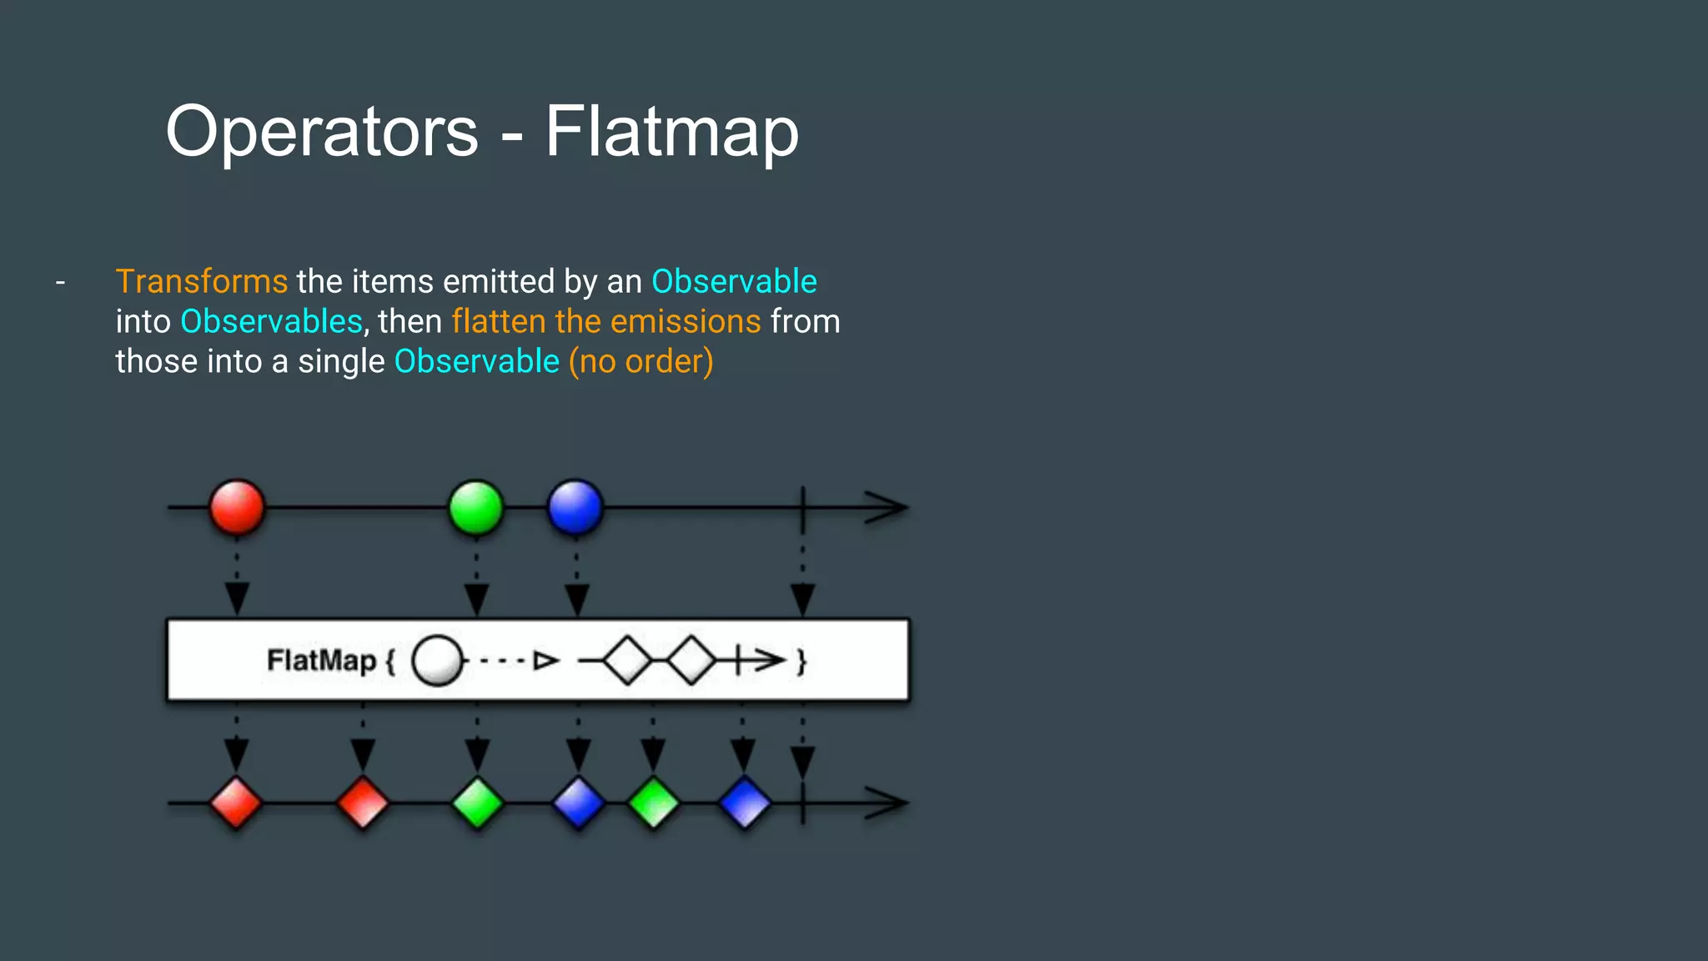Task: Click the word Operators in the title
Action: point(322,132)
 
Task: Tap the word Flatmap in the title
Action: point(671,132)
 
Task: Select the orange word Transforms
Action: point(201,282)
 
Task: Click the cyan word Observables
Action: point(271,322)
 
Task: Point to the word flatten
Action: point(499,322)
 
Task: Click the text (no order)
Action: point(640,362)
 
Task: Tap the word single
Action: point(341,362)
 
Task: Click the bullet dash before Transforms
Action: point(60,283)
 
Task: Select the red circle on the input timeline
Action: point(237,507)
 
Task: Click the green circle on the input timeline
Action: point(476,507)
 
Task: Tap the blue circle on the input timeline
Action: point(575,507)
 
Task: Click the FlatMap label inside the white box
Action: point(321,661)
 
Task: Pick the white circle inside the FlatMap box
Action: point(437,661)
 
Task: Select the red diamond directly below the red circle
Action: point(236,803)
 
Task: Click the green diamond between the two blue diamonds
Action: point(653,803)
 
